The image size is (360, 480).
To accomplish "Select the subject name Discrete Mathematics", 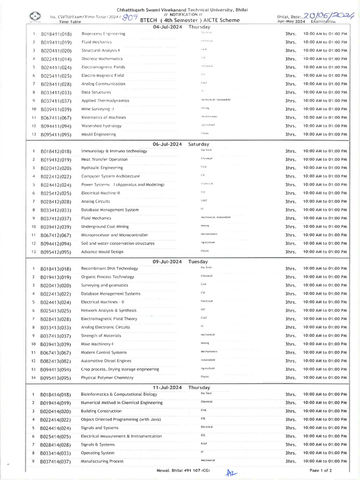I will [102, 59].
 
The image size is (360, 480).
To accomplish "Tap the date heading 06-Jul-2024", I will [167, 144].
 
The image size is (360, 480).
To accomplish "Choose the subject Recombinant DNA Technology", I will [109, 269].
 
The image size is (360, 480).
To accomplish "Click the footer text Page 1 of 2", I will [321, 470].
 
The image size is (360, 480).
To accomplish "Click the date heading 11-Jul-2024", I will [167, 388].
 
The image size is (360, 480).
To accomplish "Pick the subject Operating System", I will [97, 453].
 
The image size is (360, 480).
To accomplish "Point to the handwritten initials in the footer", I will [230, 473].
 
